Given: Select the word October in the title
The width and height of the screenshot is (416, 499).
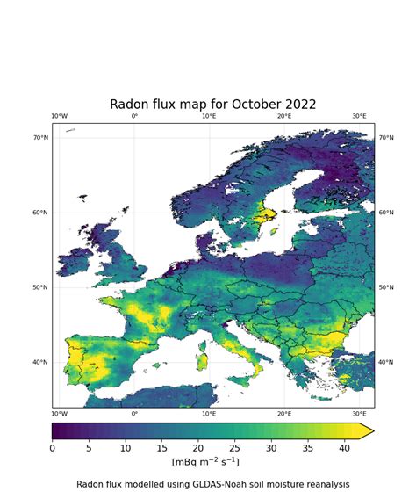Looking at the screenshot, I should click(x=248, y=105).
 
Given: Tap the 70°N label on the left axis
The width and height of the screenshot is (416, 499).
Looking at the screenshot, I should click(x=40, y=138).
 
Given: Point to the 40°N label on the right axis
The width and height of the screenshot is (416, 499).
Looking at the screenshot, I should click(x=386, y=362).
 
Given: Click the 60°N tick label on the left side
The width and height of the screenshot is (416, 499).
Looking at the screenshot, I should click(x=40, y=213).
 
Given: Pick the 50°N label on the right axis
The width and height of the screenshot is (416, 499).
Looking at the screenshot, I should click(x=386, y=287).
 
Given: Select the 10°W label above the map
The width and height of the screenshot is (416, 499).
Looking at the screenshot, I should click(x=59, y=116).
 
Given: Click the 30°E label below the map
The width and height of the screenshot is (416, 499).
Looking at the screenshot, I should click(x=360, y=414).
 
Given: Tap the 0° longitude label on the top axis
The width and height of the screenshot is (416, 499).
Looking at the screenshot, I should click(x=134, y=116).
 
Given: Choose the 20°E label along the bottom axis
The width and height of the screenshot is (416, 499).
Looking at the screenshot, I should click(x=284, y=414).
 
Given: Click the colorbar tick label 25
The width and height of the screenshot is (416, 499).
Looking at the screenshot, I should click(x=235, y=447).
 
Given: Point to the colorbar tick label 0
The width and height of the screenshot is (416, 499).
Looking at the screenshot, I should click(x=52, y=447).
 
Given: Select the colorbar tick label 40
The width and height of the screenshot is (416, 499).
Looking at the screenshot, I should click(x=345, y=447).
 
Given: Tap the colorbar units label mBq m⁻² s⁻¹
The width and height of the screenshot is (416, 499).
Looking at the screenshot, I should click(x=204, y=462).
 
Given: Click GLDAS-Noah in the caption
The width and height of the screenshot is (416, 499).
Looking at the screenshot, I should click(x=212, y=484).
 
